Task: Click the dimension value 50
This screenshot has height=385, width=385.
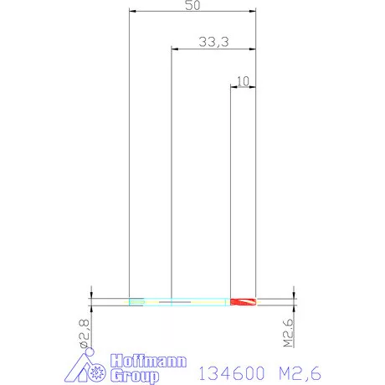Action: coord(192,5)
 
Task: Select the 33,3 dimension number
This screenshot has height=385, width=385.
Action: coord(213,42)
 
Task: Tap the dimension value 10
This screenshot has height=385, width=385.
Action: coord(243,81)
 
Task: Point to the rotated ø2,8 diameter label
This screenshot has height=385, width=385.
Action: coord(85,334)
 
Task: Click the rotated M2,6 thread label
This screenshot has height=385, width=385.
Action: coord(289,332)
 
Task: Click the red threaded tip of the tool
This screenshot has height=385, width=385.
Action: coord(243,302)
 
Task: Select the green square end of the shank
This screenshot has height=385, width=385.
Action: coord(137,302)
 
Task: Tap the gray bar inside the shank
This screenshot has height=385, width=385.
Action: coord(175,302)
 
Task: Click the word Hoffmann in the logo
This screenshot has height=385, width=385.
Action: coord(148,362)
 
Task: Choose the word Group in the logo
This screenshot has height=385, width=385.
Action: coord(135,376)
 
